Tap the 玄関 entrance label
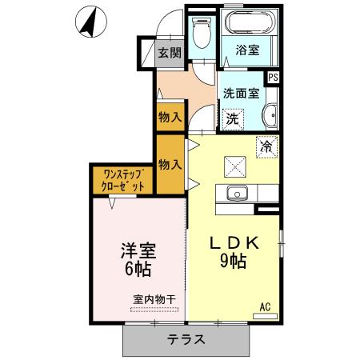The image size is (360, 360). coord(169,54)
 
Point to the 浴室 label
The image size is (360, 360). coord(247,50)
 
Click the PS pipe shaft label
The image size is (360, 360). coord(274,77)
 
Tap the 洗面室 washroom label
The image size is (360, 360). coord(241,92)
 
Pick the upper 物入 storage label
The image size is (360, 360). coord(169,116)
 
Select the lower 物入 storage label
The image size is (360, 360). coord(169,164)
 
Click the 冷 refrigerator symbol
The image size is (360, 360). coord(267,147)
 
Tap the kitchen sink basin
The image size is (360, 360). coord(236,193)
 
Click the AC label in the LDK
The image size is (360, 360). coord(266,306)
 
